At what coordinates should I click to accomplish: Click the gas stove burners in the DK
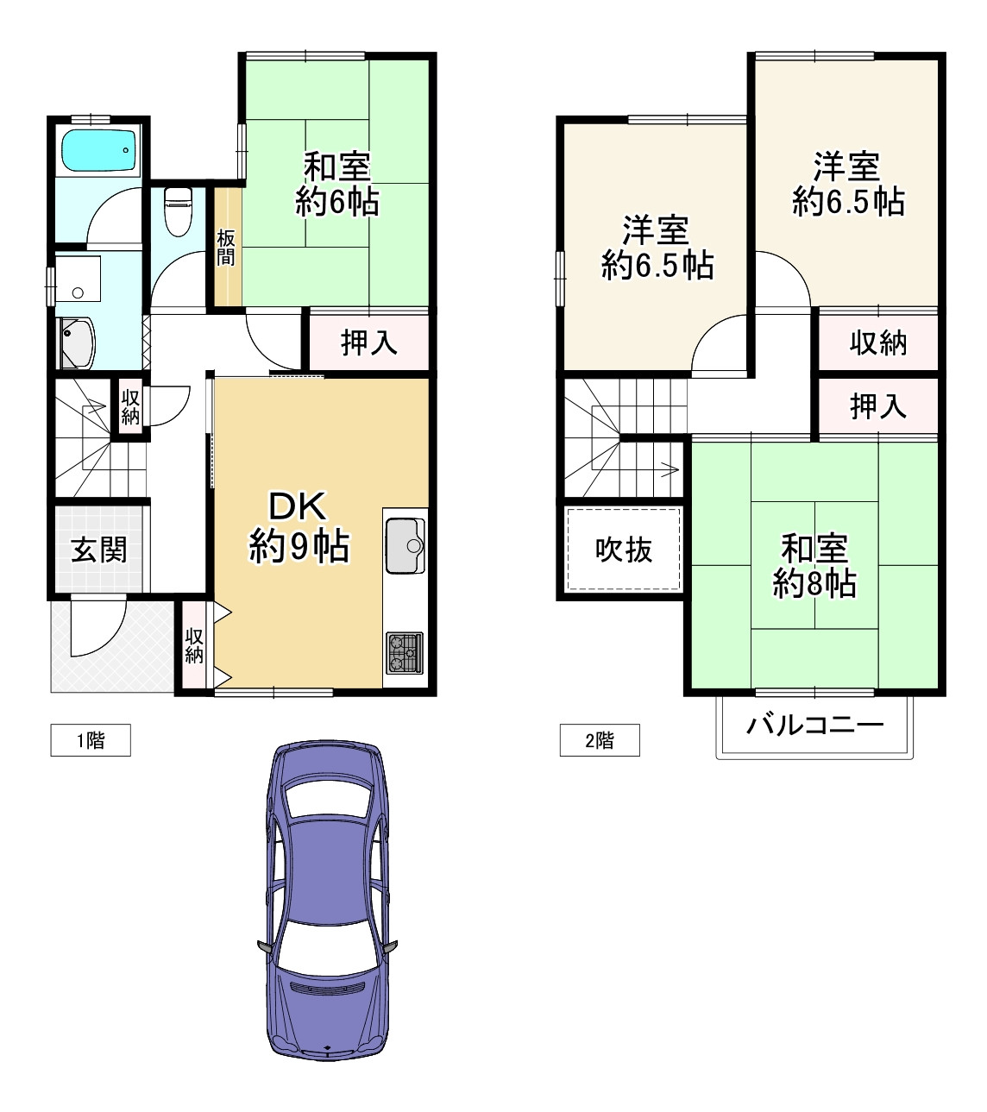point(405,652)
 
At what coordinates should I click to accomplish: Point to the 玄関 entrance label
point(98,550)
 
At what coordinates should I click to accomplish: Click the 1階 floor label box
point(91,740)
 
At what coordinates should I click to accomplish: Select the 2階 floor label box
point(600,740)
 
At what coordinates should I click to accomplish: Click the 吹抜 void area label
point(623,550)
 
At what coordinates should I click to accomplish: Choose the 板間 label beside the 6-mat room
point(225,248)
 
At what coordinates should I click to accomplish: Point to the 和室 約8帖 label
point(814,566)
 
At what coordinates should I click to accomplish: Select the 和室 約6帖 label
point(336,184)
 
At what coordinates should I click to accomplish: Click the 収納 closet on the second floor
point(877,342)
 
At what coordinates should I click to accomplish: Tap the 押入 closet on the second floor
point(877,405)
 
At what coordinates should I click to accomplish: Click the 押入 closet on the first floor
point(369,342)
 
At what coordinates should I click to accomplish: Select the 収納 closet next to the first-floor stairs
point(130,405)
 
